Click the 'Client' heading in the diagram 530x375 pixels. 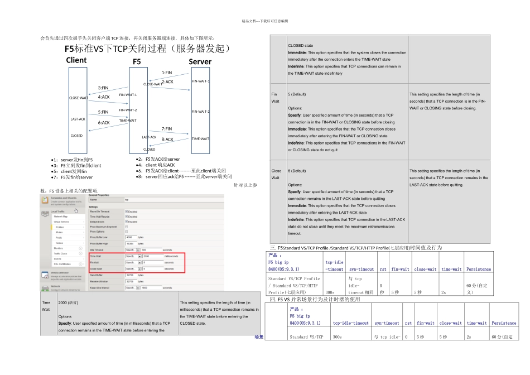tap(76, 60)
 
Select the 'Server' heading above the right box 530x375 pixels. tap(200, 61)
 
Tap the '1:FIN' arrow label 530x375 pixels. tap(167, 73)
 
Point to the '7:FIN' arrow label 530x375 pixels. tap(167, 129)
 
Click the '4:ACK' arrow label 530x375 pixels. tap(104, 97)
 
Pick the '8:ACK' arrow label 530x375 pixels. tap(167, 140)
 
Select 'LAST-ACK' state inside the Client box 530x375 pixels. tap(78, 119)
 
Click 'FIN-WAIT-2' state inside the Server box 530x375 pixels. tap(200, 112)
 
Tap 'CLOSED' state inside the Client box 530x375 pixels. tap(76, 136)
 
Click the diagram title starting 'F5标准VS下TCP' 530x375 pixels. tap(148, 49)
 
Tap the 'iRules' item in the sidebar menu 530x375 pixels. tap(59, 232)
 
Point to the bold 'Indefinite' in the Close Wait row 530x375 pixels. tap(296, 220)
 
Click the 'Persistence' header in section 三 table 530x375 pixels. tap(478, 269)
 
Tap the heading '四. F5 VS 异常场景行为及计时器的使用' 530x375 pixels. tap(317, 300)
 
